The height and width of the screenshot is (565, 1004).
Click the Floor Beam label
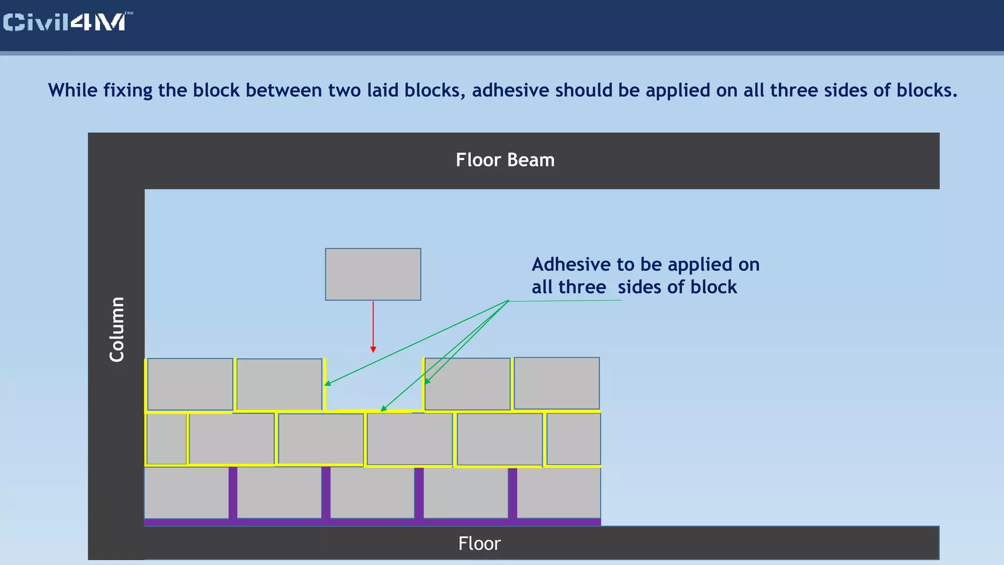click(x=505, y=160)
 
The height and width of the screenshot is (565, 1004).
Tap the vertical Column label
click(x=117, y=329)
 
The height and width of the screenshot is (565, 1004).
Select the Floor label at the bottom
click(x=479, y=543)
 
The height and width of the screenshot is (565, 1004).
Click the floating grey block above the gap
click(x=373, y=274)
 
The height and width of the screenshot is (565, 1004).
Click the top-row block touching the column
click(x=190, y=384)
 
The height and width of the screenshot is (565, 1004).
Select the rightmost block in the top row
click(x=556, y=383)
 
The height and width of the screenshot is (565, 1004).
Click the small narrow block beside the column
click(x=167, y=439)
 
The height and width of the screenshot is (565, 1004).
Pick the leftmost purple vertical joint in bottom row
click(x=233, y=492)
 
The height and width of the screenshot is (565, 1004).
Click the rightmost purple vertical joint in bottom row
click(x=512, y=493)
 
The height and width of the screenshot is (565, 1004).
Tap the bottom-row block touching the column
click(x=186, y=492)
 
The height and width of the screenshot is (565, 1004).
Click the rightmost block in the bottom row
click(x=559, y=492)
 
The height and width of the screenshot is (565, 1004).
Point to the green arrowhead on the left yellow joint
click(x=327, y=384)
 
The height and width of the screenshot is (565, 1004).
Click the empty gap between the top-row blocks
click(x=374, y=385)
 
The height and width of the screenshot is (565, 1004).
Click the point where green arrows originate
click(x=508, y=301)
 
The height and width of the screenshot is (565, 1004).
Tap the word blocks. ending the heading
click(x=927, y=91)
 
